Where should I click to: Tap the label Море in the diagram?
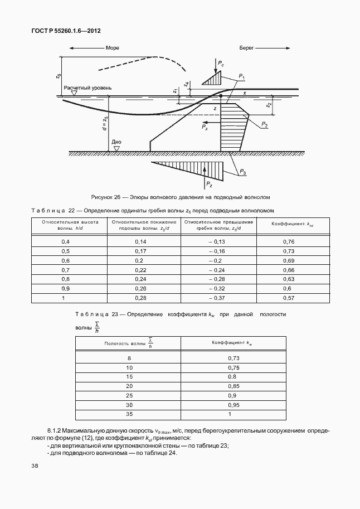point(113,49)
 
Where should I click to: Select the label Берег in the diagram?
point(247,49)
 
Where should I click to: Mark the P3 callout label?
point(243,173)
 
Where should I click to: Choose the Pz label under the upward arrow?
point(208,184)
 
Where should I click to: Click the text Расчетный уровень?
point(87,88)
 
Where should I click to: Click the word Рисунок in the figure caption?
point(103,197)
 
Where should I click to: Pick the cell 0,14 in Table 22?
point(140,241)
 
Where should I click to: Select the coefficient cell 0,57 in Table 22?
point(288,298)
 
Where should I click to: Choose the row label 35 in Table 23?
point(129,414)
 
